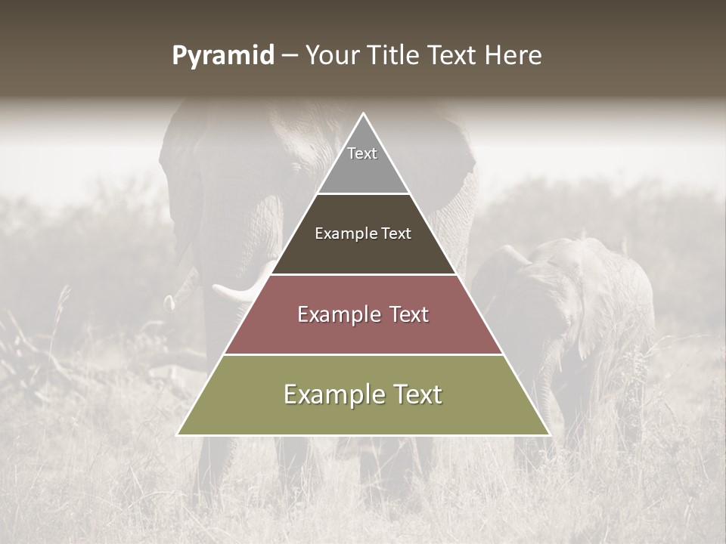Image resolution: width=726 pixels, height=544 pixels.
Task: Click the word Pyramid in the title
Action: tap(223, 56)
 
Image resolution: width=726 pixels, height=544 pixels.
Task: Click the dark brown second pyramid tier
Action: tap(363, 253)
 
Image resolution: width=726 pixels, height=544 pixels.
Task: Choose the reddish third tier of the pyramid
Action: tap(363, 332)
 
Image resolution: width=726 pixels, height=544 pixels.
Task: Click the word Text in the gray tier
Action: tap(362, 153)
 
